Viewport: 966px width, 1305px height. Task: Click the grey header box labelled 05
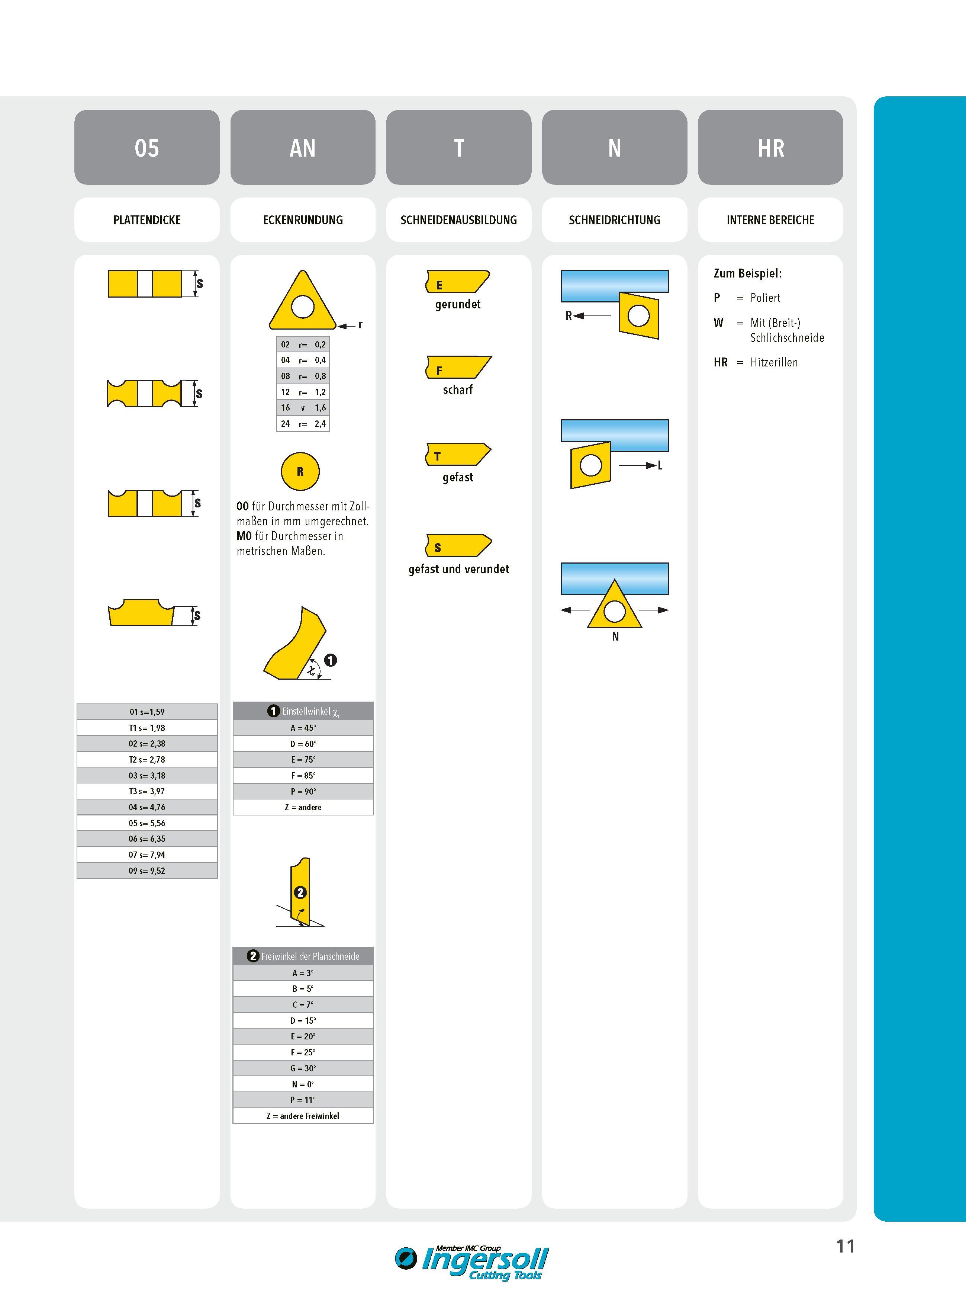[x=147, y=147]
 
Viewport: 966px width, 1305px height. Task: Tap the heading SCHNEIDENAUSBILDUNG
[x=458, y=220]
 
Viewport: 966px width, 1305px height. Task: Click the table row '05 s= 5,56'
[x=147, y=823]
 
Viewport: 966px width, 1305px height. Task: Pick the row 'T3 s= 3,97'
[x=147, y=791]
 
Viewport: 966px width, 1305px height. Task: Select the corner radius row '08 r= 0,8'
[x=303, y=376]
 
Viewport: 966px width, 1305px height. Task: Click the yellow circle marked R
[x=300, y=471]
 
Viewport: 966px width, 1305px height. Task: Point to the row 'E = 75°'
[x=303, y=759]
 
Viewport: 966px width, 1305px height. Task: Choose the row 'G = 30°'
[x=303, y=1068]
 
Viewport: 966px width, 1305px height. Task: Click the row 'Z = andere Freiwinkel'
[x=303, y=1116]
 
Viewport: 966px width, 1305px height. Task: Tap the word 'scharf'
[x=458, y=389]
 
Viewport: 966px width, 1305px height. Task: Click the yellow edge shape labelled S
[x=458, y=545]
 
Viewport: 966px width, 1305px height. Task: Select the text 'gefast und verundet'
[x=458, y=569]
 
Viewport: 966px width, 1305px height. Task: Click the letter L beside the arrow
[x=660, y=466]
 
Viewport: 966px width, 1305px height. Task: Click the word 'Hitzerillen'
[x=774, y=363]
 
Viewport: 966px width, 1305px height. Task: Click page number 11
[x=846, y=1247]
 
